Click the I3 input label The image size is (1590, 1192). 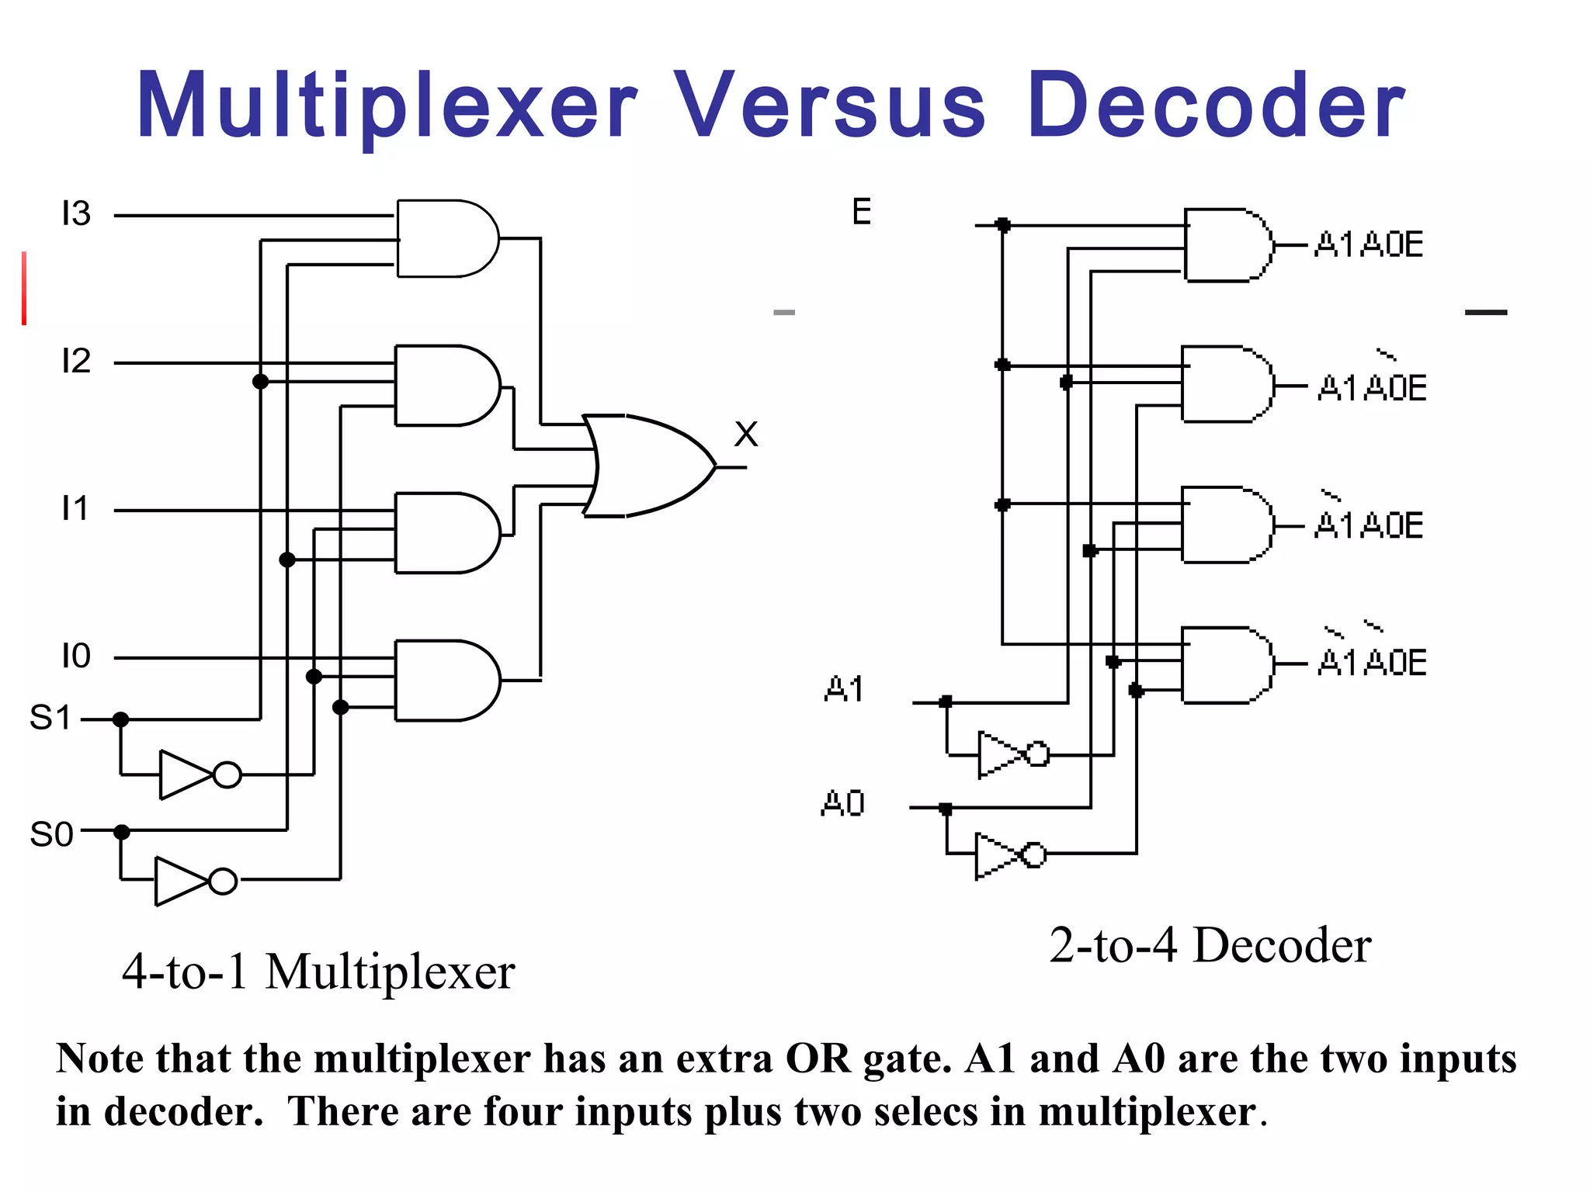point(76,213)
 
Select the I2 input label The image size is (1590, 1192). point(76,361)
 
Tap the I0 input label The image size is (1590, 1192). point(76,657)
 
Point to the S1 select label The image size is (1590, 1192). point(50,718)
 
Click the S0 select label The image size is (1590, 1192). point(51,834)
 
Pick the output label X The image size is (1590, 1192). point(746,435)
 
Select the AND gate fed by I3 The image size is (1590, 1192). point(446,238)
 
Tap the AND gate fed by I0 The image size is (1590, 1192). point(446,680)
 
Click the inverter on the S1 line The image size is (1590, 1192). point(199,774)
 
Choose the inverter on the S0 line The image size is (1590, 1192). point(195,881)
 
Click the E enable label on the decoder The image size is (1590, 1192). point(862,212)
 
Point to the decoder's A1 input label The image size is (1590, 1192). point(844,688)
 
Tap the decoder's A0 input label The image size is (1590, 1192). point(843,803)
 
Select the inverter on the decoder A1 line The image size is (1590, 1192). point(1012,754)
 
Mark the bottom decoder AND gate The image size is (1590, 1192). point(1227,664)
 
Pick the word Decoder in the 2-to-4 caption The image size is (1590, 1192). point(1282,945)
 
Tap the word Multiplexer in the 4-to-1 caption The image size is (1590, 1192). point(390,972)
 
